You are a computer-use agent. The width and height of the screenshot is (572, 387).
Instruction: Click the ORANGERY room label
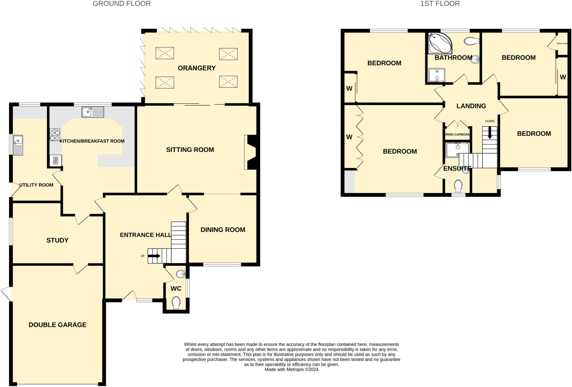[197, 68]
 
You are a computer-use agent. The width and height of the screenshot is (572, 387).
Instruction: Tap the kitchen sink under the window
[92, 112]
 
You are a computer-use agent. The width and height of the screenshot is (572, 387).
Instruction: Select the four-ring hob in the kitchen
[55, 135]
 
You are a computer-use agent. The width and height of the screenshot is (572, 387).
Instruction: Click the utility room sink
[18, 145]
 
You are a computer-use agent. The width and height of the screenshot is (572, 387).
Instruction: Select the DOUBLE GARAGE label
[57, 325]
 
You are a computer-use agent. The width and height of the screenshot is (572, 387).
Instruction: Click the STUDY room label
[57, 240]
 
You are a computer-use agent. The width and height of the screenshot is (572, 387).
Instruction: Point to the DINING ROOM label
[223, 230]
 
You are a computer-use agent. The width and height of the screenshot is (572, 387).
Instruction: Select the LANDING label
[471, 106]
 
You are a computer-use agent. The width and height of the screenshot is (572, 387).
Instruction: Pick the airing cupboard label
[457, 135]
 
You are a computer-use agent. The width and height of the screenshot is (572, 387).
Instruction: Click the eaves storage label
[562, 44]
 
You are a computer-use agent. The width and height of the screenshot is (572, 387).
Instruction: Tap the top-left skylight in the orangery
[165, 53]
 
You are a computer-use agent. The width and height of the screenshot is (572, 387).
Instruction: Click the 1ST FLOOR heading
[440, 4]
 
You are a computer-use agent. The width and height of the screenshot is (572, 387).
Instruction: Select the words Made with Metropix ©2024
[291, 369]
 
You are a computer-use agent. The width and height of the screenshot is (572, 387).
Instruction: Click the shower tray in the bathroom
[437, 75]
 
